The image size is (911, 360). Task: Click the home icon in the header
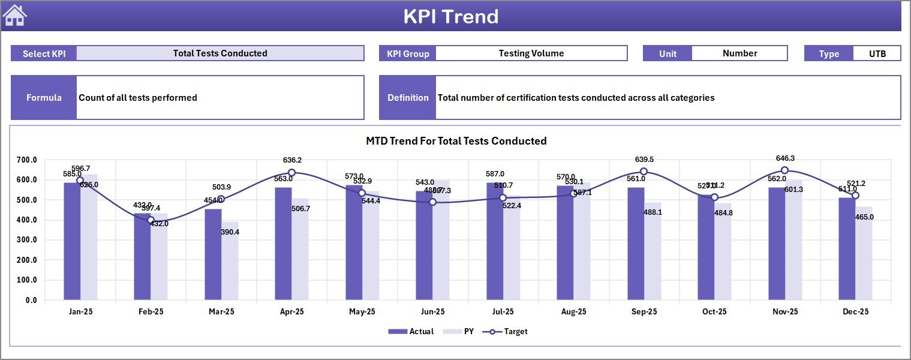click(x=14, y=16)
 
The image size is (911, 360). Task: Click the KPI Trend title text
click(x=451, y=17)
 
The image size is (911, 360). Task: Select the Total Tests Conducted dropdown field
click(x=220, y=53)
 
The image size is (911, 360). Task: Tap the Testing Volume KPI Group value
click(x=531, y=53)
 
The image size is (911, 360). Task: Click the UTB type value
click(x=877, y=53)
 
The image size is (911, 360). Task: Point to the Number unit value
click(x=739, y=53)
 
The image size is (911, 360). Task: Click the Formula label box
click(x=44, y=98)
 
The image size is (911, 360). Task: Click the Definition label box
click(x=408, y=98)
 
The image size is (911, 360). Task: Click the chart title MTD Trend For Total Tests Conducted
click(x=456, y=141)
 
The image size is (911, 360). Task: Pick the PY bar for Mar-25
click(x=230, y=260)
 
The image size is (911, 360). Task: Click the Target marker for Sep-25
click(x=644, y=172)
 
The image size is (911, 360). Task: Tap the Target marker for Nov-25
click(x=784, y=170)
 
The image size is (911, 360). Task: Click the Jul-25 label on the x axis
click(x=503, y=312)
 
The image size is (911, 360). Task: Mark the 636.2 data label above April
click(x=292, y=160)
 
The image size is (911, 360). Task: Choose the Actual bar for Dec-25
click(x=847, y=248)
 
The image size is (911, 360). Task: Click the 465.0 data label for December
click(x=864, y=217)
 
